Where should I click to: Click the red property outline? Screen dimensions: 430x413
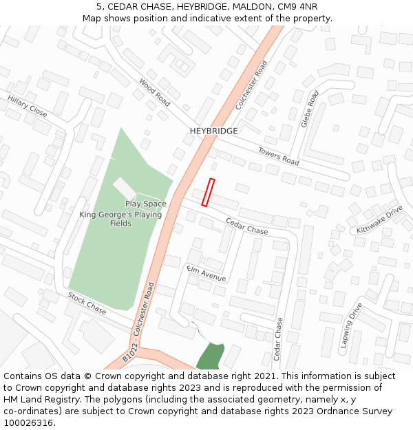coord(208,193)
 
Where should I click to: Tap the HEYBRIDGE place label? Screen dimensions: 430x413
coord(214,131)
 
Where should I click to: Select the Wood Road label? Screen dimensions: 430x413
coord(154,92)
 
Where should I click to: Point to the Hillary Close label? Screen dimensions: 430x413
coord(28,106)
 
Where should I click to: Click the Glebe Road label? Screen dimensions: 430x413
coord(310,109)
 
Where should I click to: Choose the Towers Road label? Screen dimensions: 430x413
coord(279,156)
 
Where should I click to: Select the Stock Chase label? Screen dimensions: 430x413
coord(87,303)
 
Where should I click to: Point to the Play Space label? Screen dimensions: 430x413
coord(146,204)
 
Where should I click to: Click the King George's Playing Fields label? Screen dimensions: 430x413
coord(120,219)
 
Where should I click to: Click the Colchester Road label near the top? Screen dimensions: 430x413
coord(251,85)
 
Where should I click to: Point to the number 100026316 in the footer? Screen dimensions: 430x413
coord(30,423)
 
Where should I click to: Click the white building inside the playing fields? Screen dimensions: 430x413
coord(125,188)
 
